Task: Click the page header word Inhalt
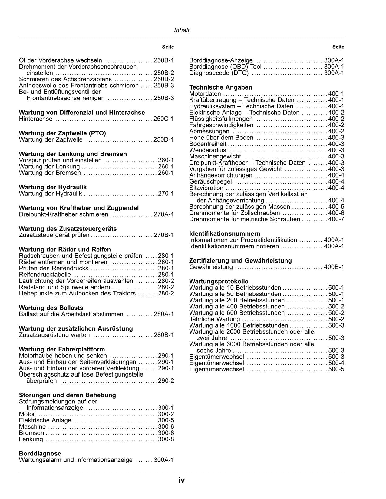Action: click(182, 30)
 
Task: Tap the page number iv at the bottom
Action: click(182, 480)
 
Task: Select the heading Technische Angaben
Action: click(220, 87)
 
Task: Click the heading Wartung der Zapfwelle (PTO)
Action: click(62, 133)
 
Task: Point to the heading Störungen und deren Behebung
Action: click(67, 395)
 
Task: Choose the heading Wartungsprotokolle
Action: click(219, 281)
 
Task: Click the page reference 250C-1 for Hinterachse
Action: click(164, 119)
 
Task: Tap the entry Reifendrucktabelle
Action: click(45, 275)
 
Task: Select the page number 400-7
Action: click(336, 219)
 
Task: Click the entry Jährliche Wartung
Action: click(214, 319)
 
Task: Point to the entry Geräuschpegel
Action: click(210, 181)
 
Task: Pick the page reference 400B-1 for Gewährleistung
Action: click(334, 267)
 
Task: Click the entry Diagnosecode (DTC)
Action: click(219, 73)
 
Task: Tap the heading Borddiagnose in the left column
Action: click(40, 453)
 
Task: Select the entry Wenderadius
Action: click(207, 150)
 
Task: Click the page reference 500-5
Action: click(336, 369)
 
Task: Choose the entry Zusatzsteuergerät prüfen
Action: click(54, 235)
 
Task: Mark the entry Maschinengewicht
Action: click(215, 156)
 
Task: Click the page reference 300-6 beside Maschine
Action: click(166, 427)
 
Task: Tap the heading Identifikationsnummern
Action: click(225, 233)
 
